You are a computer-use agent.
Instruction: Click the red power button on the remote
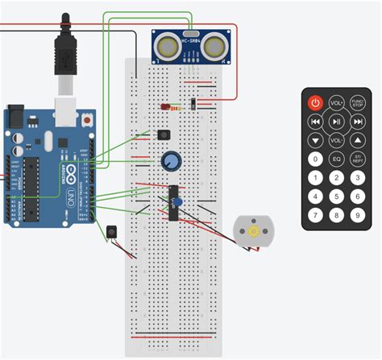315,103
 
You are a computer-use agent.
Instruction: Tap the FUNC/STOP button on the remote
357,103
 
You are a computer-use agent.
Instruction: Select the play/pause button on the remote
336,122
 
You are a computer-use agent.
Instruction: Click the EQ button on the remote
336,159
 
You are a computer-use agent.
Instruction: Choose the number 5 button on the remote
336,197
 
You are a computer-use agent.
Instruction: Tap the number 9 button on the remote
357,215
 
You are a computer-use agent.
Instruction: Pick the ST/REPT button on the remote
357,159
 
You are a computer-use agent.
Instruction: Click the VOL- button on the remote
336,140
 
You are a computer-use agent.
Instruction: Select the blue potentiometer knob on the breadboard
170,161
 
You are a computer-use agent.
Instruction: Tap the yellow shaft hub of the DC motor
252,231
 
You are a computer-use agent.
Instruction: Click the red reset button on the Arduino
85,120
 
